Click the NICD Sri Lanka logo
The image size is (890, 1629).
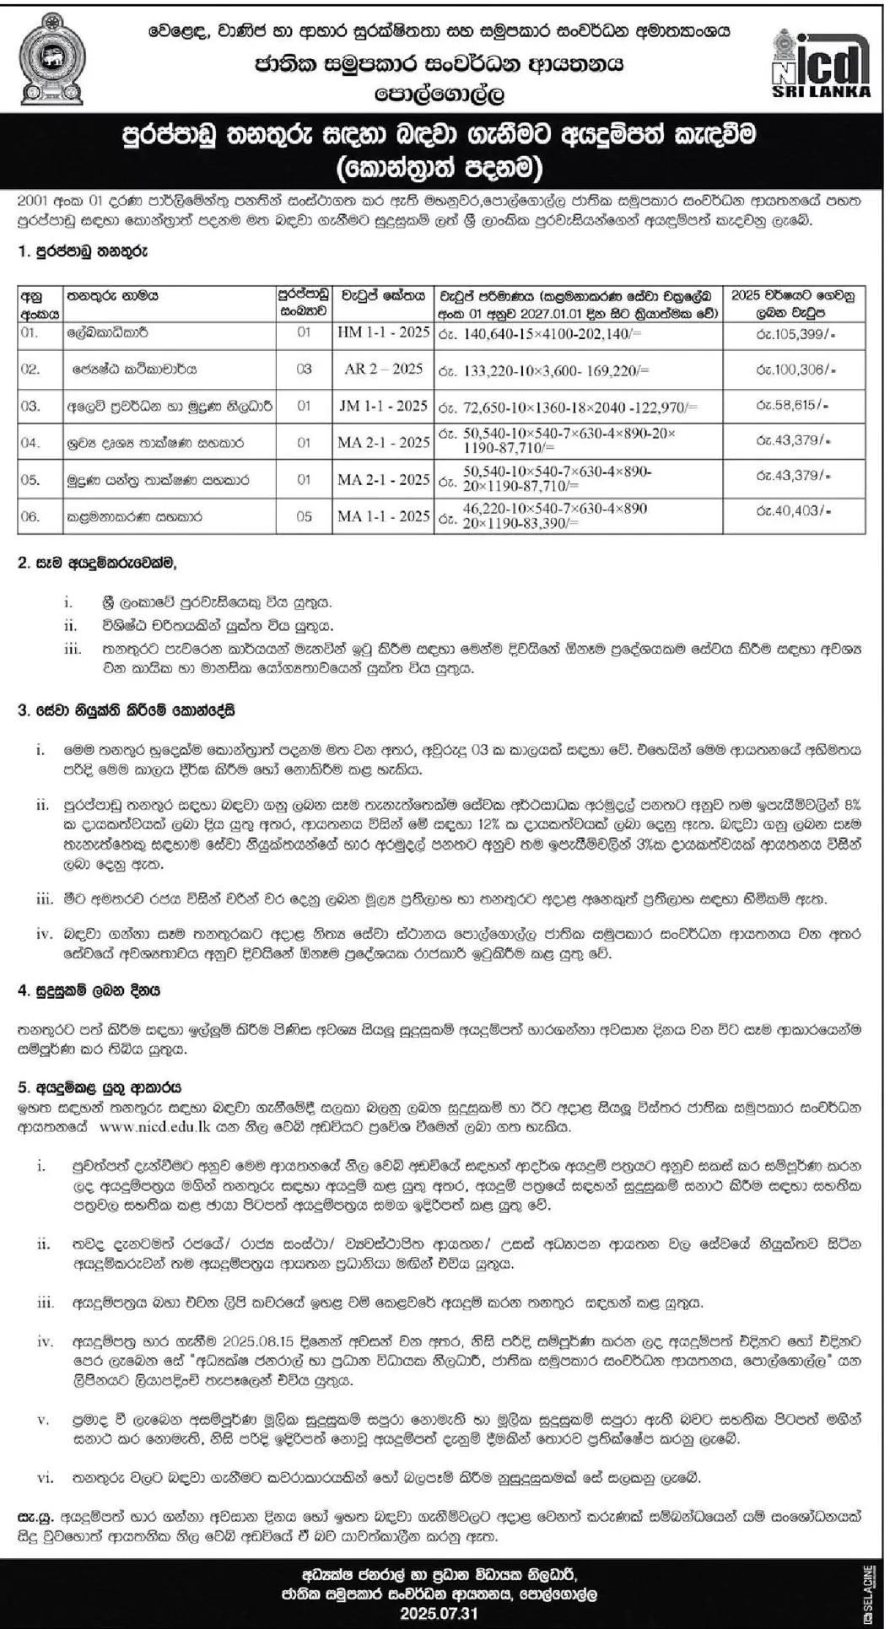coord(821,62)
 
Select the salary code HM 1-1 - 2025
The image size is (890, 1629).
coord(383,332)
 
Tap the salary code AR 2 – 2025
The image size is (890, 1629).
coord(383,369)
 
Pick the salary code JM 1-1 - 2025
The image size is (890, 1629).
coord(383,406)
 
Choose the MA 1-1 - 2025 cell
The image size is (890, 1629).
coord(383,515)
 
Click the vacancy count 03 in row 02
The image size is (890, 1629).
coord(304,369)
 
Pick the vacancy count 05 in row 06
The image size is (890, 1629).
coord(304,516)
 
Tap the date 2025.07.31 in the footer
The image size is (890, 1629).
coord(445,1613)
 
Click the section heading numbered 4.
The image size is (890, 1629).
coord(89,990)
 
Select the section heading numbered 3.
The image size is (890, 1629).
coord(127,710)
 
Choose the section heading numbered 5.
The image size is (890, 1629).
coord(100,1088)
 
